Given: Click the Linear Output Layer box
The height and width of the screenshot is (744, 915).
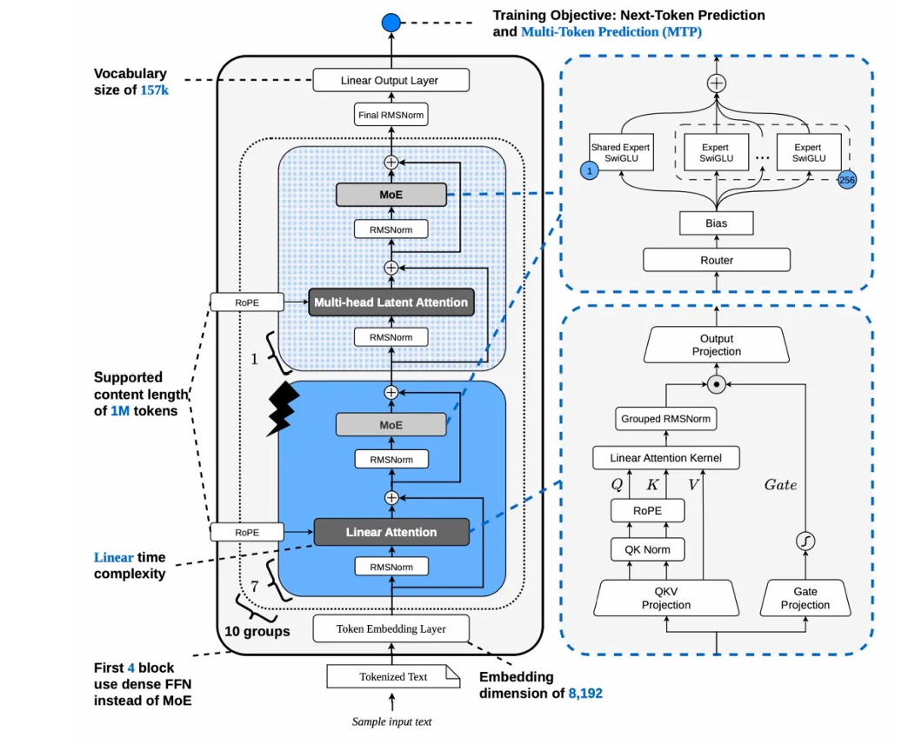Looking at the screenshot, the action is coord(391,81).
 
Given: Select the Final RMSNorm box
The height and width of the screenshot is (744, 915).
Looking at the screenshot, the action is coord(391,115).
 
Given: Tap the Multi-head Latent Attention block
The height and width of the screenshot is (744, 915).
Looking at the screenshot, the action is coord(391,302).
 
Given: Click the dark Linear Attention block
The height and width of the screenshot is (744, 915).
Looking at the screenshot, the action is coord(391,532).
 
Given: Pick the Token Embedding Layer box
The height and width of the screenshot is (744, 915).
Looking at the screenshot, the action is coord(391,628).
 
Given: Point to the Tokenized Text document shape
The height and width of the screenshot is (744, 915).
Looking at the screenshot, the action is coord(393,676).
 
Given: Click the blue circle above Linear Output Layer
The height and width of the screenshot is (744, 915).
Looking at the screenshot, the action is coord(391,23).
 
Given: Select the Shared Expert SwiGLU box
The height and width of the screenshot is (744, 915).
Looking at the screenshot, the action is coord(621,152).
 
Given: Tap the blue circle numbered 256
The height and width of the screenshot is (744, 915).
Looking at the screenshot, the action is coord(847,180).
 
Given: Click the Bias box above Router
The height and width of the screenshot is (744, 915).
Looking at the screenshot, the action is coord(716,223).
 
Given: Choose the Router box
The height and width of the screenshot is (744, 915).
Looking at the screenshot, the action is coord(717,260).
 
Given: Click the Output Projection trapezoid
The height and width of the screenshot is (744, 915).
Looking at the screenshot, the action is coord(717,344).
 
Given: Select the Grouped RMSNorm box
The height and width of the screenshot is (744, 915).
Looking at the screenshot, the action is coord(666,419).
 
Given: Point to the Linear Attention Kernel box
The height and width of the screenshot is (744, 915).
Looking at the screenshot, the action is coord(666,458).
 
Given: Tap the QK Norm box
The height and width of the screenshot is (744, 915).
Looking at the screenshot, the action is coord(647,549).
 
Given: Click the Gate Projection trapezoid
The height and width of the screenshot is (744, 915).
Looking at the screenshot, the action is coord(805,598).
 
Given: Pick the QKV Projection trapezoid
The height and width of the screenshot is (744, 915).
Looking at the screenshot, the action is coord(666,598).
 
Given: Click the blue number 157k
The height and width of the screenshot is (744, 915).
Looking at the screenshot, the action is coord(155,90).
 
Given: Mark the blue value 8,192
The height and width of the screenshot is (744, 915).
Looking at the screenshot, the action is coord(585,694).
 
